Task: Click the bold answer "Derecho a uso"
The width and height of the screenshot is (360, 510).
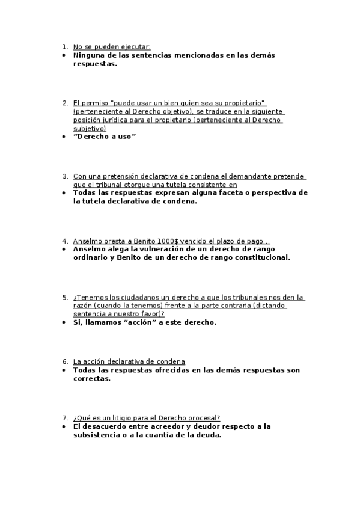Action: tap(105, 137)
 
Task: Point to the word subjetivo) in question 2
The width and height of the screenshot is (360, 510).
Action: tap(90, 128)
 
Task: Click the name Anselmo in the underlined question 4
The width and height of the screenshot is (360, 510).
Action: tap(88, 241)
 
